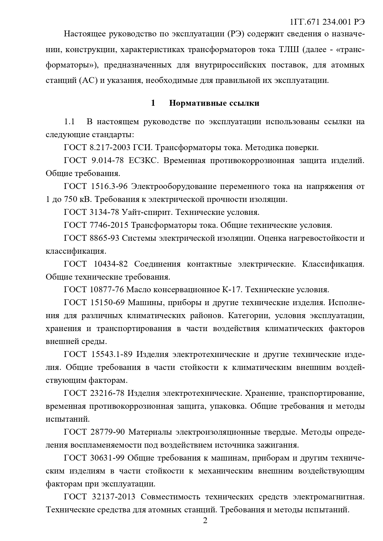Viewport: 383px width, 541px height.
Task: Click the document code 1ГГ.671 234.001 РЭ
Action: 327,22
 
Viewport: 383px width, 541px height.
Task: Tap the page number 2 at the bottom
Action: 205,521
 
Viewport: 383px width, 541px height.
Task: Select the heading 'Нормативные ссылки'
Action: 214,103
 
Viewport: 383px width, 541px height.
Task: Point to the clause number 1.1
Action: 69,122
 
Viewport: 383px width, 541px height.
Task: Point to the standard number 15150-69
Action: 107,303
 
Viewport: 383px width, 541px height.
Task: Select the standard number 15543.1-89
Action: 112,355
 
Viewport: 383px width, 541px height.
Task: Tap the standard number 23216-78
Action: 107,393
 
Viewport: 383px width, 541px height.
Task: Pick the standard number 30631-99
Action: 107,458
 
